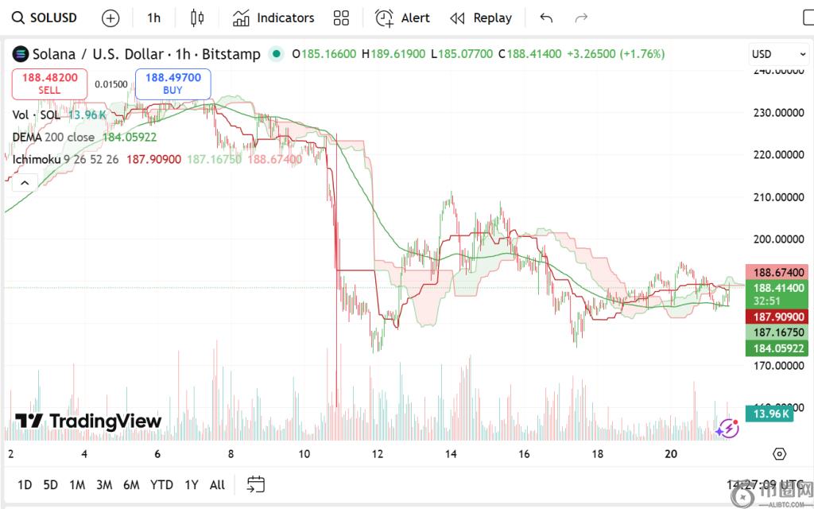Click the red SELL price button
click(49, 84)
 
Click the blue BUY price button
click(172, 84)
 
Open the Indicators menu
click(273, 17)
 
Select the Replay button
click(481, 17)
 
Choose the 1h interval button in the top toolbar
click(153, 17)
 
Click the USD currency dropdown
click(779, 54)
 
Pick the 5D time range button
click(51, 484)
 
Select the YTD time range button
click(161, 484)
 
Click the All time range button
click(217, 484)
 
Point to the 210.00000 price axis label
click(778, 196)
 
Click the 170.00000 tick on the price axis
click(778, 366)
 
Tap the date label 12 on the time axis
click(378, 454)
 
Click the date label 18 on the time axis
click(597, 454)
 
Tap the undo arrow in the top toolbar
click(546, 17)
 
